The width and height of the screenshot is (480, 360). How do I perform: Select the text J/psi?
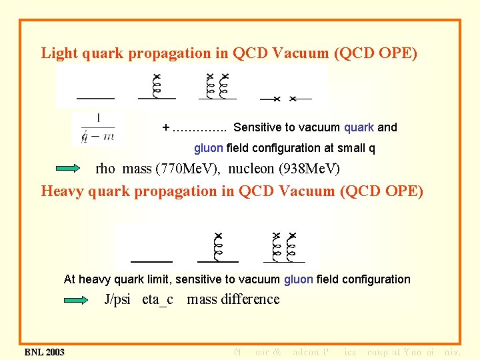(x=118, y=299)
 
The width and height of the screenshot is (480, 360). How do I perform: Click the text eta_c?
(x=157, y=299)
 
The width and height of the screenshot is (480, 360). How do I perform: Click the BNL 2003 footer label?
(x=45, y=352)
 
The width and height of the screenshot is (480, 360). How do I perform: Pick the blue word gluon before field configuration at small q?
(x=209, y=148)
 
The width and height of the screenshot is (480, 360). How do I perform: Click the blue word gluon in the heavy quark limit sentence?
(x=298, y=279)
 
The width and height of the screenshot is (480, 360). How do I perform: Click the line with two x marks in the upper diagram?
(x=285, y=99)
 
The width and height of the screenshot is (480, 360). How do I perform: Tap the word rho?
(x=107, y=169)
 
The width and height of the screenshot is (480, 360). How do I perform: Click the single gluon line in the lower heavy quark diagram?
(x=218, y=248)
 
